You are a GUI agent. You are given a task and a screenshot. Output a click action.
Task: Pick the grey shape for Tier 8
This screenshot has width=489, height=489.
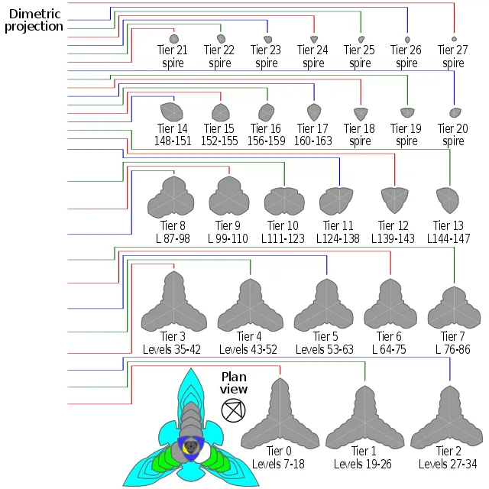[x=173, y=197]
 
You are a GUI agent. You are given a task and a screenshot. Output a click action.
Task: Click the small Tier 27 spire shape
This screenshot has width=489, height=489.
[x=455, y=39]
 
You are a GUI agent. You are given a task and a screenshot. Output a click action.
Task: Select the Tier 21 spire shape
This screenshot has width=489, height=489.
[x=173, y=38]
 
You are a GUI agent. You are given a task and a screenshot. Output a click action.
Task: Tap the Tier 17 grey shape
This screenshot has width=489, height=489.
[x=312, y=112]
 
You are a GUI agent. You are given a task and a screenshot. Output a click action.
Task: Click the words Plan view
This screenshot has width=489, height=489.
[x=235, y=383]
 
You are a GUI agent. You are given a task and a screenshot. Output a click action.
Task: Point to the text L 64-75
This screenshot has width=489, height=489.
[x=389, y=349]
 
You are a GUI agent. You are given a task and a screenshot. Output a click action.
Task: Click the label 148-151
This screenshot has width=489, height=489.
[x=172, y=141]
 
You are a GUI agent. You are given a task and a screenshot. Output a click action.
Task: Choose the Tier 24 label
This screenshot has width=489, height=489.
[x=313, y=50]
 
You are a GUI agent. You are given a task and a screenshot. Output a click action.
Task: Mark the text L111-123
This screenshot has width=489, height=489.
[x=283, y=238]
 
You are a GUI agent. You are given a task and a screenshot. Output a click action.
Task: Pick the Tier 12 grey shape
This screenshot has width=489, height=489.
[x=393, y=197]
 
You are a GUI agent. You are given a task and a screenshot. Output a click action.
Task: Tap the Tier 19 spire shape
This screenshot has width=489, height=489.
[x=406, y=113]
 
